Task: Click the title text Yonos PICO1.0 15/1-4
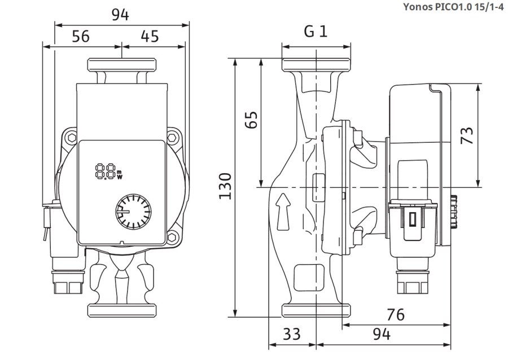pos(453,8)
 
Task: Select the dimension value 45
pos(150,37)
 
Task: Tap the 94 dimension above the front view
pos(120,15)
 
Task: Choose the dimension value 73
pos(466,135)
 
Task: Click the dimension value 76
pos(396,314)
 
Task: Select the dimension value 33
pos(291,334)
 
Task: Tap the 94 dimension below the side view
pos(382,334)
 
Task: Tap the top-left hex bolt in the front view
pos(71,138)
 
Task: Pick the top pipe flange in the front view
pos(121,64)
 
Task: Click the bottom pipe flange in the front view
pos(121,310)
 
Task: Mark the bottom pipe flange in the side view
pos(317,310)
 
